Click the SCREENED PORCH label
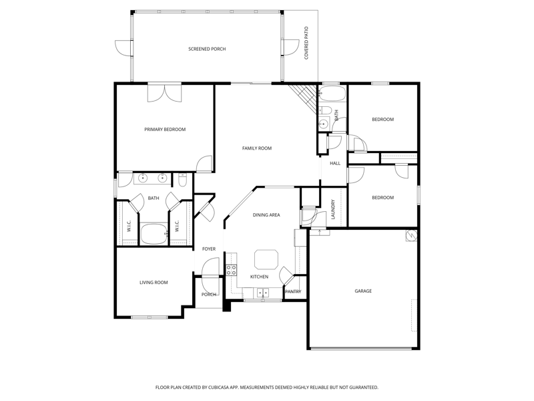207,49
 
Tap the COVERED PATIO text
306,43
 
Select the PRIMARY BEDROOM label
165,130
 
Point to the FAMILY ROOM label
257,148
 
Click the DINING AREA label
266,215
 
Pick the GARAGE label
363,291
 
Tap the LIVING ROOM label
154,283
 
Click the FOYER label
209,249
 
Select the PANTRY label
293,292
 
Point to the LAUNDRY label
333,209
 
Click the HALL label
335,164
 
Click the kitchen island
266,259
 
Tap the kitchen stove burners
232,270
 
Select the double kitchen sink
262,293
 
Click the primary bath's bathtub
154,234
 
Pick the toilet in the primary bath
182,180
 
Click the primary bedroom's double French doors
165,93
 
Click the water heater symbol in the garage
411,236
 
